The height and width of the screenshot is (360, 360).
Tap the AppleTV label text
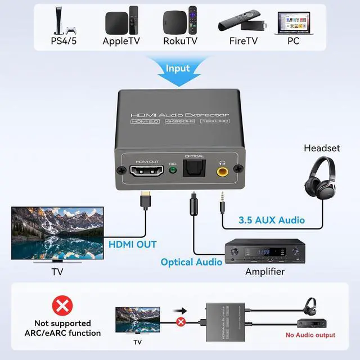pos(121,40)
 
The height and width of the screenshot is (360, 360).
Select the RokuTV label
pos(180,40)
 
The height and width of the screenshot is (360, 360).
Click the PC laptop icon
pos(293,22)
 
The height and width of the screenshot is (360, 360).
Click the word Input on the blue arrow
pos(178,69)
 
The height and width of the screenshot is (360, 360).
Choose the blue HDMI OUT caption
pos(133,244)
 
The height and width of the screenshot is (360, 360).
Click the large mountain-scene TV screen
pos(57,233)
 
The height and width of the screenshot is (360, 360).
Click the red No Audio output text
pos(310,335)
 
